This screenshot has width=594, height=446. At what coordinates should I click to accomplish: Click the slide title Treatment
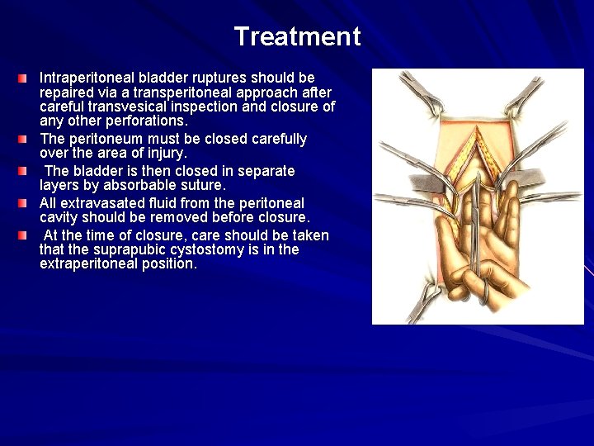click(297, 36)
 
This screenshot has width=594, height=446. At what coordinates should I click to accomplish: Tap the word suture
click(201, 186)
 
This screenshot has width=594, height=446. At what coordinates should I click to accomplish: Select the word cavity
click(61, 218)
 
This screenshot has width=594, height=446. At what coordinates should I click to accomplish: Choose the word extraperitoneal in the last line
click(91, 265)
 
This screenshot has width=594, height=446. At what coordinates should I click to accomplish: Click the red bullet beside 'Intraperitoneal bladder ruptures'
click(24, 78)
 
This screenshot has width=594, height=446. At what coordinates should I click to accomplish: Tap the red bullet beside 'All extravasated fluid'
click(24, 202)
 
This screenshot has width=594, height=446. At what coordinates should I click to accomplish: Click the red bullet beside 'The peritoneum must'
click(24, 139)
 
